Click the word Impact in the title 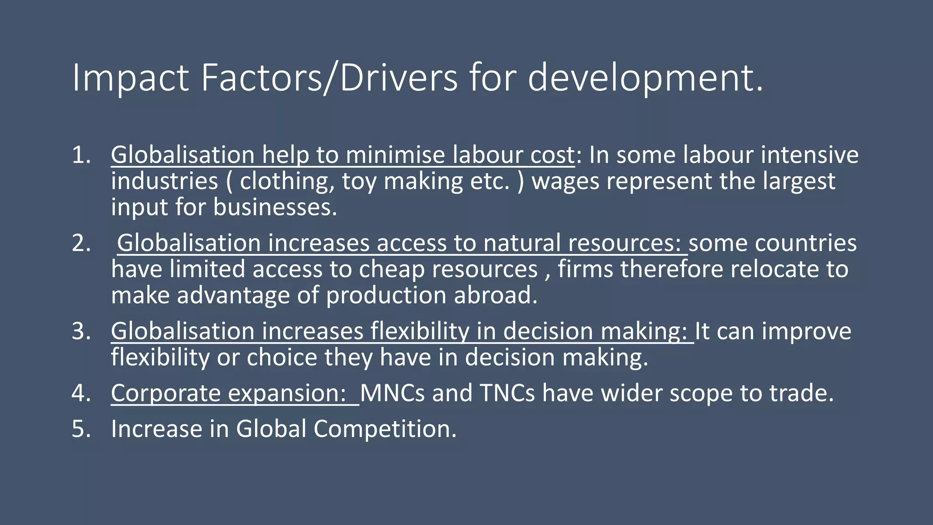[x=130, y=78]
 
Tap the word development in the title [x=645, y=78]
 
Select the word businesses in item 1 [x=275, y=207]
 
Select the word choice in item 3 [x=282, y=357]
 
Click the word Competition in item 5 [x=385, y=429]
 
